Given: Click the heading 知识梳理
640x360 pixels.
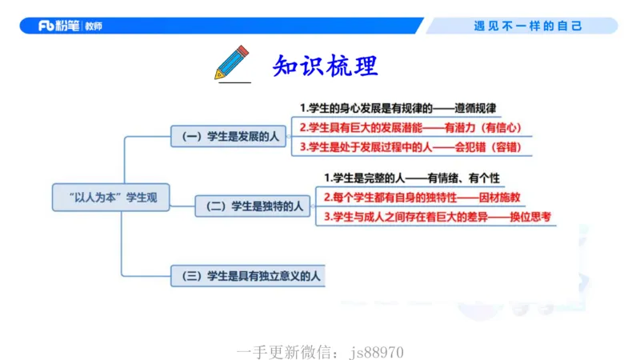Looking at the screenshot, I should point(325,64).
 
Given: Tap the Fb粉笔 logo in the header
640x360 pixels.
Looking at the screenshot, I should point(61,26).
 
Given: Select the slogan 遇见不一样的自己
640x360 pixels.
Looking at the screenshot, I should point(528,26).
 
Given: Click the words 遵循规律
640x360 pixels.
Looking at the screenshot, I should point(475,108).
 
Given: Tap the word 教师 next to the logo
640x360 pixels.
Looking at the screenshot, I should point(93,26).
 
